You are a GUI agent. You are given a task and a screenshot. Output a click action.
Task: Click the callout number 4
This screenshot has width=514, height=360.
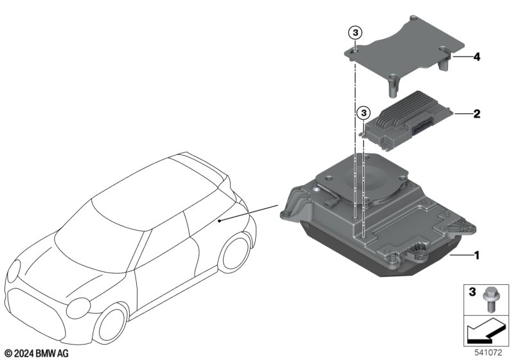476,57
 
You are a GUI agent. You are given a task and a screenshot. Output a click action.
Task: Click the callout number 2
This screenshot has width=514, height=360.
477,114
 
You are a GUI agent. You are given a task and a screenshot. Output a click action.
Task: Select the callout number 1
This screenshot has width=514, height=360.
477,255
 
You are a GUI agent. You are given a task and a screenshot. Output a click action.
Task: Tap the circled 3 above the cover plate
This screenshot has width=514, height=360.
356,33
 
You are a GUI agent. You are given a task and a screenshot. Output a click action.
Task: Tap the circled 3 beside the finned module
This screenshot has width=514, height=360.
364,113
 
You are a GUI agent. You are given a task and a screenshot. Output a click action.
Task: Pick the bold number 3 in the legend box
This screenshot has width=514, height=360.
472,292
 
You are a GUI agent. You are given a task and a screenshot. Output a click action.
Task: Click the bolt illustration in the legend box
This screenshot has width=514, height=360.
488,299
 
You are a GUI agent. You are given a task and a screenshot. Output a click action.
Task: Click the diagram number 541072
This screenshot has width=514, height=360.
488,353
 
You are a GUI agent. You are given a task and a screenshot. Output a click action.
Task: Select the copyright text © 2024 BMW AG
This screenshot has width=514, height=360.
37,354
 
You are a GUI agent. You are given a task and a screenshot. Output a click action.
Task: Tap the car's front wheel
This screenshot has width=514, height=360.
112,321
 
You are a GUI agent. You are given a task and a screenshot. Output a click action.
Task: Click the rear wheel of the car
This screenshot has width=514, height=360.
235,253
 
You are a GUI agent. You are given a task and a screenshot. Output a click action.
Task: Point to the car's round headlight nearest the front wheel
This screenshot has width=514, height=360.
78,308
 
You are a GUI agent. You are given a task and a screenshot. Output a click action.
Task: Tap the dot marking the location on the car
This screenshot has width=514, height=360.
219,221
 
